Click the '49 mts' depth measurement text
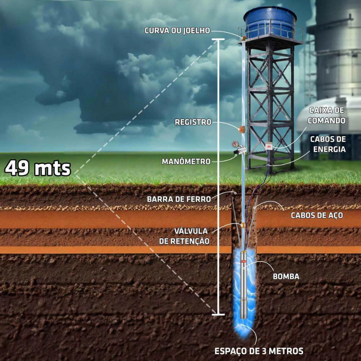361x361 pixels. click(38, 168)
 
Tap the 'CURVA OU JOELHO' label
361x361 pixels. click(177, 30)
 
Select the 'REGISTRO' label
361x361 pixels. click(193, 122)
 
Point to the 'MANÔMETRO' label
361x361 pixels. click(186, 161)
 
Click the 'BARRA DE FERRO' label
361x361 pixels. click(179, 199)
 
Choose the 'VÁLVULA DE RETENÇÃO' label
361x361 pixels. click(184, 236)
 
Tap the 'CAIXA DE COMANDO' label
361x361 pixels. click(326, 116)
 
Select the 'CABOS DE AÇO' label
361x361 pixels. click(317, 215)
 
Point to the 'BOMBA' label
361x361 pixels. click(286, 276)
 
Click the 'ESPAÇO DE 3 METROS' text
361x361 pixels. click(259, 351)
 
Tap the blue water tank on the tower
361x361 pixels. click(270, 22)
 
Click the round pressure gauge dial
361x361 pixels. click(235, 144)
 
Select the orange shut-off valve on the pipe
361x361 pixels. click(242, 129)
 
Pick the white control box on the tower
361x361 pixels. click(269, 146)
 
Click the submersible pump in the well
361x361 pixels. click(244, 285)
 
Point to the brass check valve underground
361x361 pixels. click(243, 225)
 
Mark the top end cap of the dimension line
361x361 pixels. click(218, 40)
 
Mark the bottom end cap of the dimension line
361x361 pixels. click(218, 314)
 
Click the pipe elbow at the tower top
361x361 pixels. click(243, 38)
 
